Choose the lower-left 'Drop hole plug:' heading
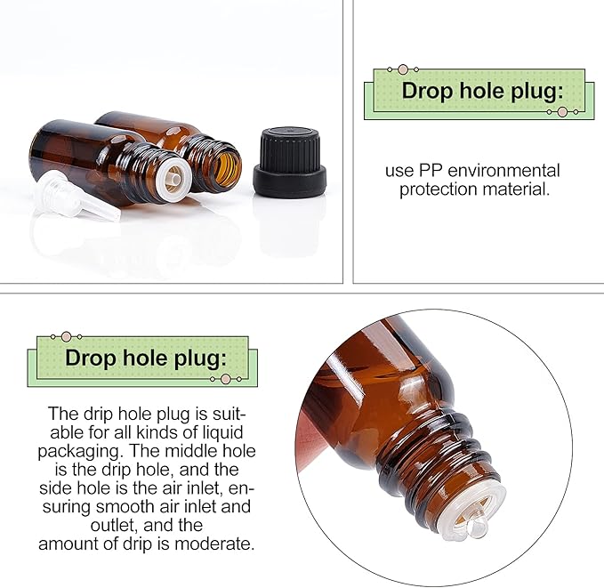point(145,358)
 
